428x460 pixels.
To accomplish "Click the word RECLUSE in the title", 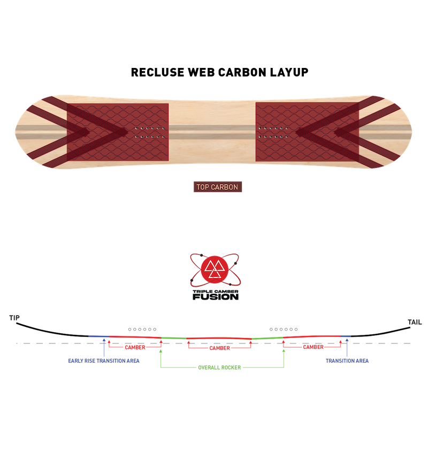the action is coord(157,72).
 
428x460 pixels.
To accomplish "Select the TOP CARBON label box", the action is coord(217,187).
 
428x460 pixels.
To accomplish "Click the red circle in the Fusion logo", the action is coord(215,270).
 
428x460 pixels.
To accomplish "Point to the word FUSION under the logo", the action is coord(216,297).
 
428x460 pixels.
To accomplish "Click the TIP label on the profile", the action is coord(14,318).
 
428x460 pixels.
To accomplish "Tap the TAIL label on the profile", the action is coord(415,322).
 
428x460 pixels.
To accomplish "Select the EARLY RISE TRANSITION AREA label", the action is coord(104,361).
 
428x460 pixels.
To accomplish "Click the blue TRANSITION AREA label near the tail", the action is coord(347,361).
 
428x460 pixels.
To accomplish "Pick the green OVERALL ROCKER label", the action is coord(219,367).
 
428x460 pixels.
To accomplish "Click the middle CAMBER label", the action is coord(219,348).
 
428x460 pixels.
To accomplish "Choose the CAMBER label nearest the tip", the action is coord(135,347).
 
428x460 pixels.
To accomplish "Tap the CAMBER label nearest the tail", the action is coord(314,347).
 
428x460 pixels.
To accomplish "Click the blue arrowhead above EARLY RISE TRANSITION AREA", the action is coord(104,340).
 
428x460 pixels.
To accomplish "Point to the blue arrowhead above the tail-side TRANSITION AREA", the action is coord(347,340).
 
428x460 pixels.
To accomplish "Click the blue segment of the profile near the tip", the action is coord(99,336).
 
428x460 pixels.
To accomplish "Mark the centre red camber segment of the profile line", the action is coord(219,338).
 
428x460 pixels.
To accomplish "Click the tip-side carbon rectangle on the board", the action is coord(118,132).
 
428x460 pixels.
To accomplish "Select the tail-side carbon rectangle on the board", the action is coord(307,132).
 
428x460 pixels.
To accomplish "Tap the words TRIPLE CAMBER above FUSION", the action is coord(216,292).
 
